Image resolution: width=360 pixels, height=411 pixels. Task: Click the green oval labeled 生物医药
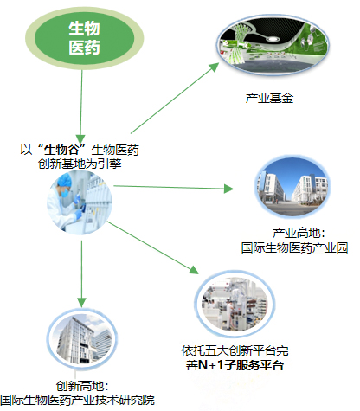[x=84, y=38]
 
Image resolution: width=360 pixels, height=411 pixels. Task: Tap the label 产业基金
[x=270, y=99]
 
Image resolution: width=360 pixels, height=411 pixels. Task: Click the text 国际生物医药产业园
[x=293, y=247]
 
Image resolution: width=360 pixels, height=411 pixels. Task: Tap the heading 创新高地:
[x=80, y=386]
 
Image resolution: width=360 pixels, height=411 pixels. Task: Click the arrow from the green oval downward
[x=82, y=103]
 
